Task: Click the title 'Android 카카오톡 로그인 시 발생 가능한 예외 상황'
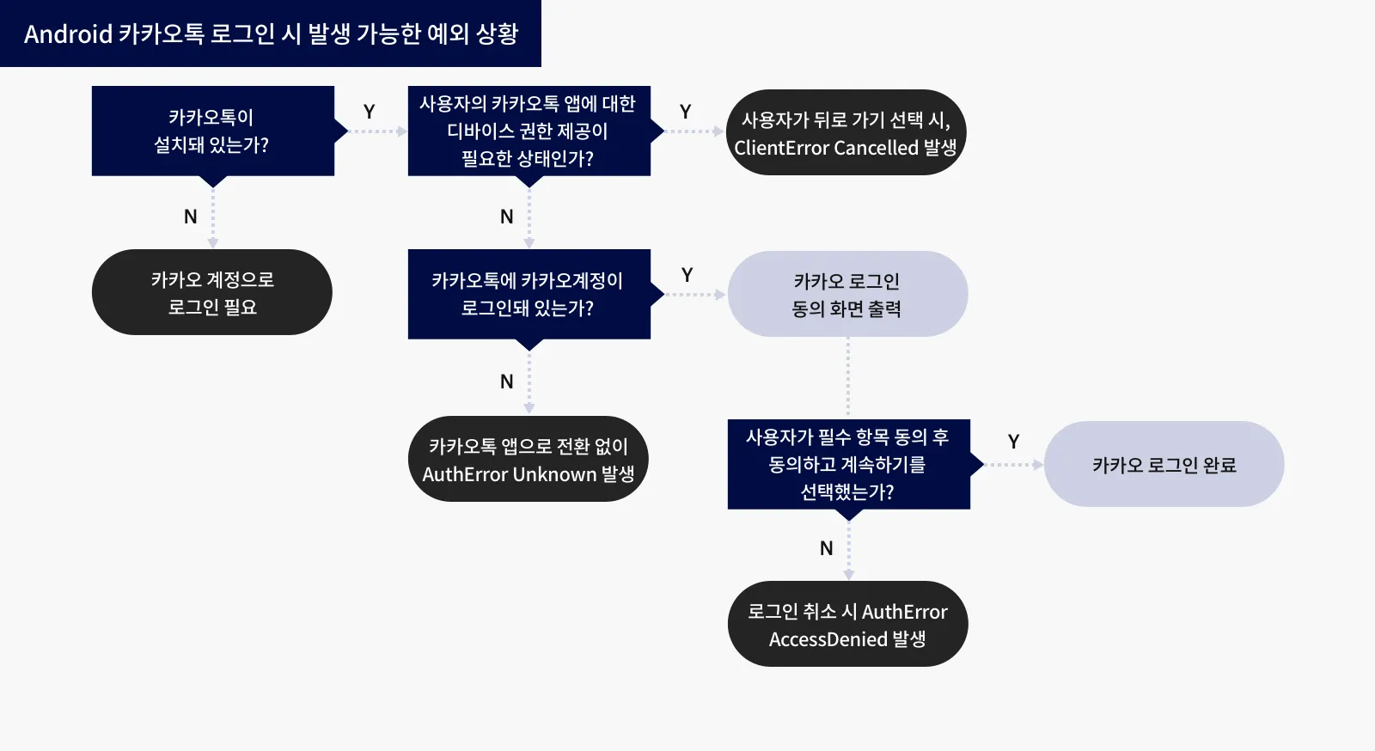[x=271, y=34]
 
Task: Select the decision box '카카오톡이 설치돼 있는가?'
[x=212, y=131]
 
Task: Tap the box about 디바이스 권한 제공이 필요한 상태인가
[x=529, y=131]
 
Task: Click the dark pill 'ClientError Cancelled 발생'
[x=846, y=132]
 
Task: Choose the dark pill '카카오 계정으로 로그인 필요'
[x=212, y=292]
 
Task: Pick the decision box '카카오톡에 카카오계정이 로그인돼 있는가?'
[x=529, y=294]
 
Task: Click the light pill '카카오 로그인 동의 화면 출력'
[x=847, y=294]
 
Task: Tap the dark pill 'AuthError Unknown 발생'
[x=529, y=460]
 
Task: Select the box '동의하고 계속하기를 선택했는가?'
[x=848, y=464]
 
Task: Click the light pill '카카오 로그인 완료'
[x=1164, y=464]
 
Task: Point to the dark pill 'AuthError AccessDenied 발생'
[x=847, y=624]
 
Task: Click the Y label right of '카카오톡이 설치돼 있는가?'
[x=370, y=113]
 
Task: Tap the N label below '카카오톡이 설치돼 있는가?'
[x=191, y=217]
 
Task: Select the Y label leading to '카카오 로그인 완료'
[x=1014, y=442]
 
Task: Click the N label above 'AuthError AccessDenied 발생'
[x=827, y=548]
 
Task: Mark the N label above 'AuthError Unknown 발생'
[x=507, y=382]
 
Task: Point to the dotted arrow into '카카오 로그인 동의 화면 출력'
[x=695, y=295]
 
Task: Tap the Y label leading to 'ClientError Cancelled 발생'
[x=686, y=113]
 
